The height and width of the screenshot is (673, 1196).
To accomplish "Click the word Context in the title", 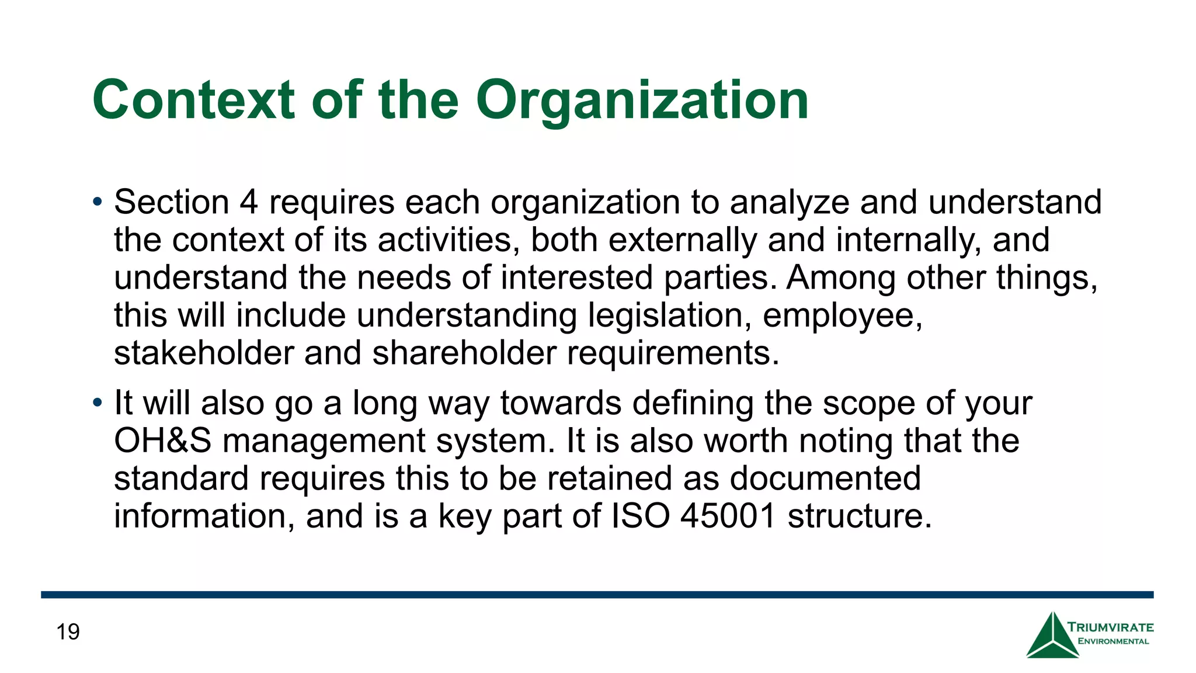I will click(x=193, y=100).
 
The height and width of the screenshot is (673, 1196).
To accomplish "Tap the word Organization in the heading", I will click(x=642, y=100).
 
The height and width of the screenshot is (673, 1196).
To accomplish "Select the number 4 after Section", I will click(x=248, y=202).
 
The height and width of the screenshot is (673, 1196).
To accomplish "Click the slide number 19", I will click(x=68, y=632).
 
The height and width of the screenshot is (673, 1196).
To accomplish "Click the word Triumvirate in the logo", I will click(x=1110, y=627).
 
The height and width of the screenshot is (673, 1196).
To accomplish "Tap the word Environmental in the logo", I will click(x=1113, y=641).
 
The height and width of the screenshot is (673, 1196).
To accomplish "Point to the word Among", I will click(x=840, y=277).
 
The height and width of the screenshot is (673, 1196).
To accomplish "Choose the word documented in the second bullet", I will click(x=825, y=478).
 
